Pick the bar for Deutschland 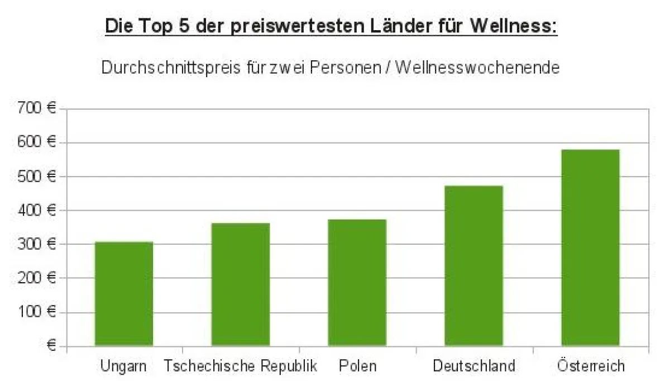tap(474, 265)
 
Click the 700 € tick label tap(38, 108)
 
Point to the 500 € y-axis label tap(38, 177)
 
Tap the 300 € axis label tap(38, 244)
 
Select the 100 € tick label tap(38, 312)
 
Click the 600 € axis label tap(38, 142)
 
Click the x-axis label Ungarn tap(123, 366)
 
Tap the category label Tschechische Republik tap(241, 366)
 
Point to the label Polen tap(357, 366)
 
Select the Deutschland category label tap(474, 366)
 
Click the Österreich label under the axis tap(591, 366)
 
